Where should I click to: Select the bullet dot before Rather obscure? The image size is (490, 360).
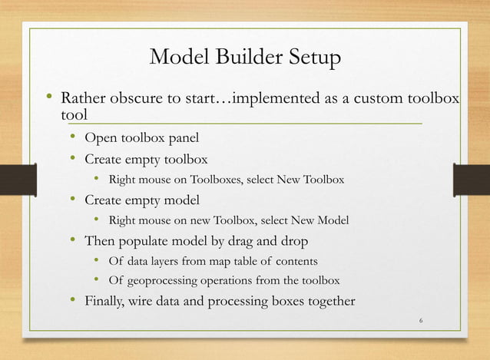tap(48, 99)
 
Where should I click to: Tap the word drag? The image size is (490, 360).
tap(233, 242)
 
